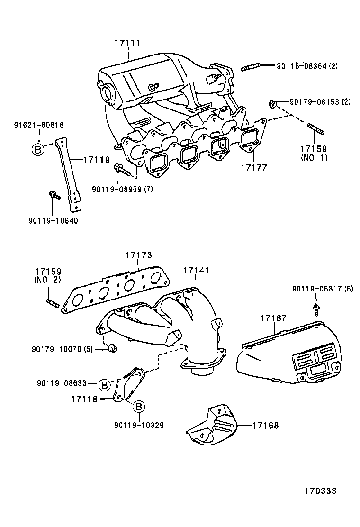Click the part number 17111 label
[x=127, y=43]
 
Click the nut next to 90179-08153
[x=272, y=103]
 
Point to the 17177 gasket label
[x=253, y=167]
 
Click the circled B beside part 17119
[x=37, y=149]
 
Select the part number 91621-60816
[x=38, y=125]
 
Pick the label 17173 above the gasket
[x=139, y=255]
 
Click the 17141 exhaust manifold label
[x=196, y=270]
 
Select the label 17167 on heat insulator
[x=273, y=318]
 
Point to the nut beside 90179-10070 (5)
[x=113, y=349]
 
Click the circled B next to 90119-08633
[x=105, y=383]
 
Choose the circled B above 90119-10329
[x=137, y=407]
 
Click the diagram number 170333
[x=320, y=491]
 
